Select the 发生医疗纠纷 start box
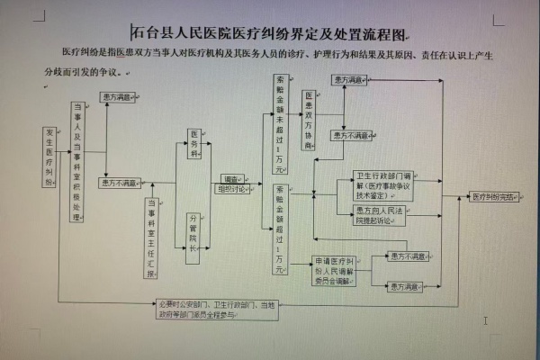point(50,158)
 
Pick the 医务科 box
point(193,144)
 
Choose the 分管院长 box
point(193,236)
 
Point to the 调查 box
point(231,179)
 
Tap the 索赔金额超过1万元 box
point(280,229)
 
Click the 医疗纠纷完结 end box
point(494,195)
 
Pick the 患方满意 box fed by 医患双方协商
point(349,80)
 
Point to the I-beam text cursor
point(485,319)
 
